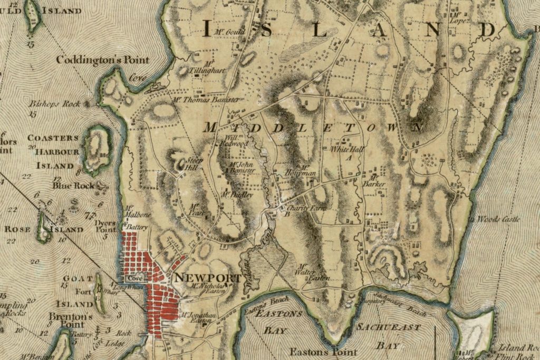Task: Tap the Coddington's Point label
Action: point(102,60)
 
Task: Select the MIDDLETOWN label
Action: point(313,128)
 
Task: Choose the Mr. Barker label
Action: point(374,181)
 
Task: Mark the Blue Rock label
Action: point(73,186)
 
